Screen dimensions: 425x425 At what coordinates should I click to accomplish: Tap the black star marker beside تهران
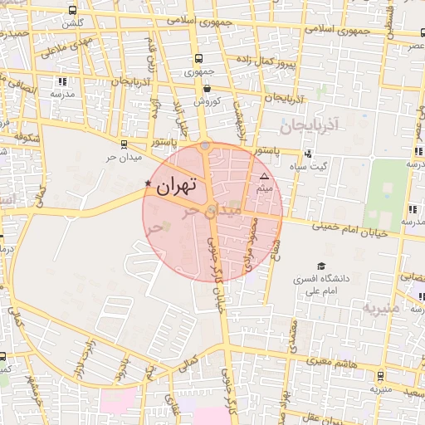click(148, 183)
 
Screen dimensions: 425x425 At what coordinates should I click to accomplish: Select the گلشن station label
click(72, 24)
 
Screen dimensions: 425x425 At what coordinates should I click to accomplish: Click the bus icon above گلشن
click(72, 11)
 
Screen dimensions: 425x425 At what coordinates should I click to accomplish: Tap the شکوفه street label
click(27, 136)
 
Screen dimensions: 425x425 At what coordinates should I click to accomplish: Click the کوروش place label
click(206, 101)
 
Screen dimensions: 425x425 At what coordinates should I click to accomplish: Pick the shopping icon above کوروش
click(206, 88)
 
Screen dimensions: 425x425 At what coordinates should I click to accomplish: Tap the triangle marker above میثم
click(264, 177)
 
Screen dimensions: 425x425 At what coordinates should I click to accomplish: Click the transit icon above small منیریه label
click(380, 375)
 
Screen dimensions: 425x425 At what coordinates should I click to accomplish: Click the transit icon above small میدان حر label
click(124, 143)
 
